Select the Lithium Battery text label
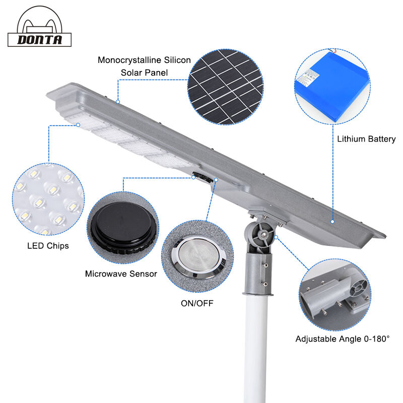tap(366, 139)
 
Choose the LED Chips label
tap(48, 246)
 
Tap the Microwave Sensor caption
tap(121, 274)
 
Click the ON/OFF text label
tap(196, 303)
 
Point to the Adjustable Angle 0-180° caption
tap(343, 339)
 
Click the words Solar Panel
tap(144, 73)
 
